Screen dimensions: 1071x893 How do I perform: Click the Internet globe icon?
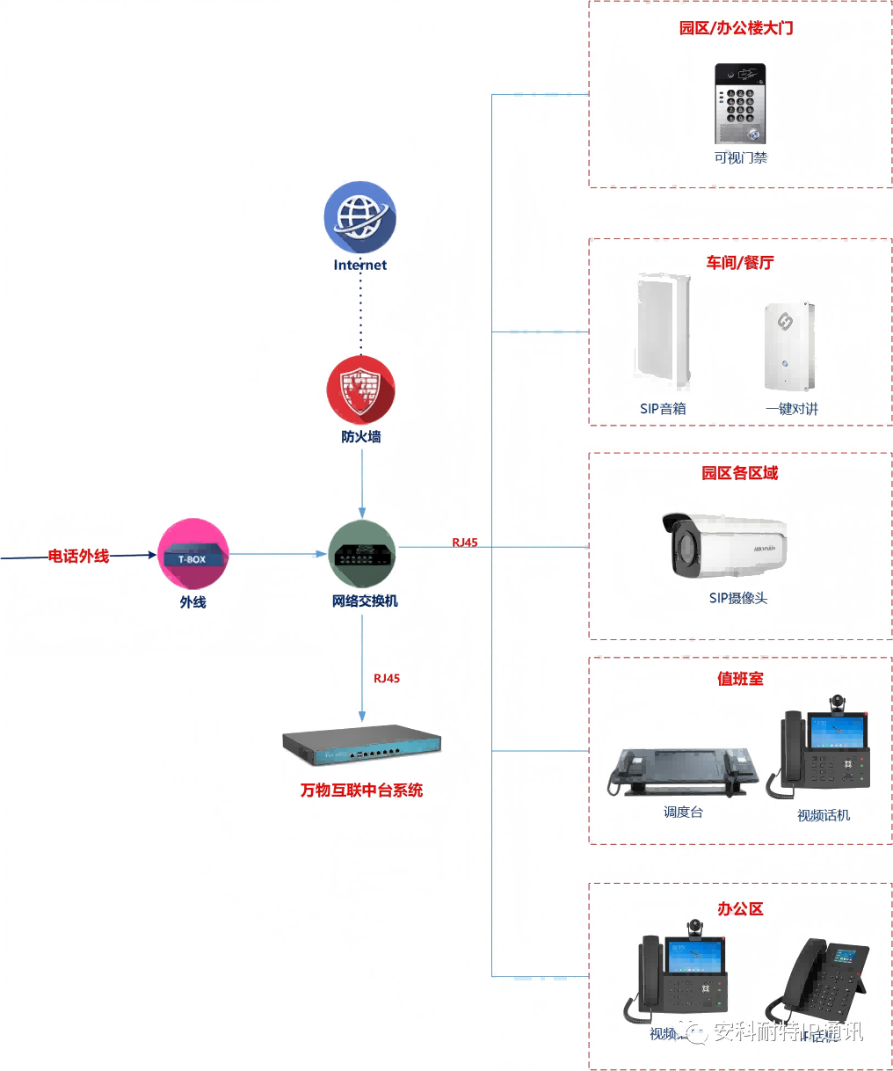pyautogui.click(x=359, y=217)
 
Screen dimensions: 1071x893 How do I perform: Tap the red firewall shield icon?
pyautogui.click(x=360, y=390)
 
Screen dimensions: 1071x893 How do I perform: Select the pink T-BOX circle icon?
pyautogui.click(x=192, y=554)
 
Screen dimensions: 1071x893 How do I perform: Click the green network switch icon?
pyautogui.click(x=362, y=554)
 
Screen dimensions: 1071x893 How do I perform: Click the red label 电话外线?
pyautogui.click(x=78, y=556)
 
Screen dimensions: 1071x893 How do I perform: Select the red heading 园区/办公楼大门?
pyautogui.click(x=736, y=28)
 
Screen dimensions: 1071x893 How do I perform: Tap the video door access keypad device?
pyautogui.click(x=740, y=103)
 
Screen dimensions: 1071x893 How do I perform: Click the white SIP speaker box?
pyautogui.click(x=662, y=331)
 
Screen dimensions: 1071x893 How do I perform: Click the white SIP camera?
pyautogui.click(x=724, y=545)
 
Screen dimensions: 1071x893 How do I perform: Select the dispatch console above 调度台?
pyautogui.click(x=682, y=770)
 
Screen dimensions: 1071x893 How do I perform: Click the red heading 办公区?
pyautogui.click(x=740, y=909)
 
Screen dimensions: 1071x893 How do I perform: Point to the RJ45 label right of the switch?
pyautogui.click(x=465, y=543)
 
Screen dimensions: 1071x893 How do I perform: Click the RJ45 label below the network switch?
pyautogui.click(x=387, y=678)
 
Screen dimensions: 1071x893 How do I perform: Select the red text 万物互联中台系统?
pyautogui.click(x=361, y=790)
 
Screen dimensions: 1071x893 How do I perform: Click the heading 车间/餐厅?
pyautogui.click(x=740, y=263)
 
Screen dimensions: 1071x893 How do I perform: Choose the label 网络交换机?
pyautogui.click(x=365, y=601)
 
